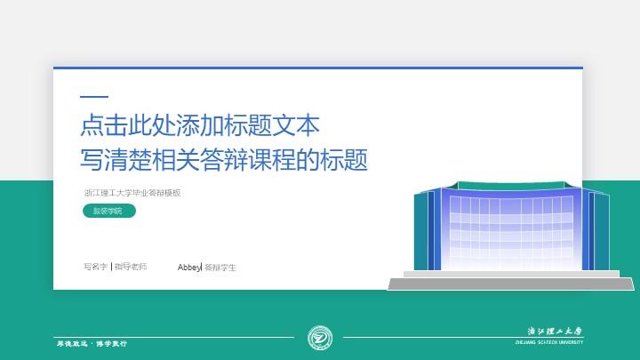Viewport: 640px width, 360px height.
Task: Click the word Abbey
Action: point(189,267)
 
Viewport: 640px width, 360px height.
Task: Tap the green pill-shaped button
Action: point(108,211)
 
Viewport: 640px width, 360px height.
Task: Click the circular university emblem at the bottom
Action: point(319,338)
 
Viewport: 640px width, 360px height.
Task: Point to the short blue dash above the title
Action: point(94,97)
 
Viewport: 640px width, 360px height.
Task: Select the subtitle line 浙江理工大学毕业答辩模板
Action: point(132,192)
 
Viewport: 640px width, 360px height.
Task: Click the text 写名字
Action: point(95,267)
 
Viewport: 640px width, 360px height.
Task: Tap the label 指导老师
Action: point(131,267)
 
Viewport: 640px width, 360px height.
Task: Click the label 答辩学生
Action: point(220,267)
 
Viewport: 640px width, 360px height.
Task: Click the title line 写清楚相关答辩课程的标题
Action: point(223,160)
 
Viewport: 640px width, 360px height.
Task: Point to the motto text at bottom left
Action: point(92,342)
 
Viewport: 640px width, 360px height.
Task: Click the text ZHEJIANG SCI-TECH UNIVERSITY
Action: point(549,342)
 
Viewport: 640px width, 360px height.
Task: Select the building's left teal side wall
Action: point(420,231)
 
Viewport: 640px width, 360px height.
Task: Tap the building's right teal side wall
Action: point(602,231)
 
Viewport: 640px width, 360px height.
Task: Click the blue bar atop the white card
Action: point(317,68)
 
